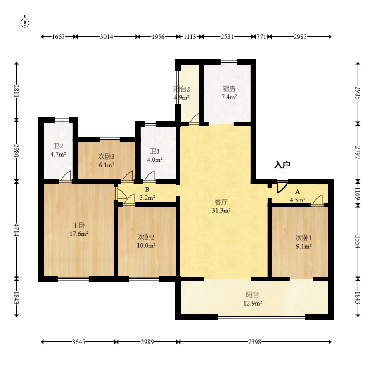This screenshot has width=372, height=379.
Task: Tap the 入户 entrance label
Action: [282, 165]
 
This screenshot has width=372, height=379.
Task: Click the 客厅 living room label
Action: [221, 202]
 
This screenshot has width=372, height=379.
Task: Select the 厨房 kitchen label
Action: [229, 89]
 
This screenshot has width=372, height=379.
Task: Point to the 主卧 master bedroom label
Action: [79, 226]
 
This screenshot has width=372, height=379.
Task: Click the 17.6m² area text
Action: [79, 234]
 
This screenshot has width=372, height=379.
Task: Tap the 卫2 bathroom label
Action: [58, 146]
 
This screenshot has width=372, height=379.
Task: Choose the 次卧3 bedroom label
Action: [106, 157]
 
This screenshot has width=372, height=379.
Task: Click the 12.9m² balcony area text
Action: [253, 303]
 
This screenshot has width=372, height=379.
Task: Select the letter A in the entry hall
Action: [297, 192]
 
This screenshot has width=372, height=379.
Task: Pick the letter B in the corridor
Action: [147, 190]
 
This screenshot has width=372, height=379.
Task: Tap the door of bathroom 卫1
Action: [149, 176]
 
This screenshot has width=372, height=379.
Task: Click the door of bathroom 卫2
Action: [66, 176]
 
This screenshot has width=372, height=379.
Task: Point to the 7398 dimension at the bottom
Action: [255, 342]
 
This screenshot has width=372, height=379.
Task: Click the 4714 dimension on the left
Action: [16, 230]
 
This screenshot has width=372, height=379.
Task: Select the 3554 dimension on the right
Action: [358, 242]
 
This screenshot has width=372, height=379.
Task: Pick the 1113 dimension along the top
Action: [190, 37]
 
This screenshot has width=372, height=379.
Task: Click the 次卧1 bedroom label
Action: [303, 238]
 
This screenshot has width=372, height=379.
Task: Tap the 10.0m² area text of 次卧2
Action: [146, 245]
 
